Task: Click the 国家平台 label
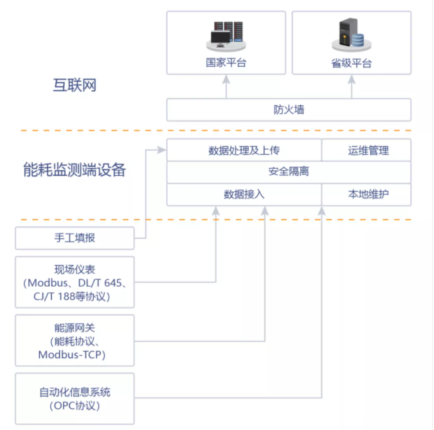(226, 63)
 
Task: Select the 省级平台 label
(352, 63)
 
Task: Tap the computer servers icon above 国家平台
(226, 36)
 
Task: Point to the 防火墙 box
(289, 110)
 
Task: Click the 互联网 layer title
(75, 85)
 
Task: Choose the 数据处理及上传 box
(244, 150)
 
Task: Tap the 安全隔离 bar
(289, 172)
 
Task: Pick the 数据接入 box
(244, 194)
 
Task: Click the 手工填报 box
(75, 238)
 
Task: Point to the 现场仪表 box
(75, 282)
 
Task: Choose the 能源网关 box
(75, 340)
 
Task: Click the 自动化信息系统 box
(75, 399)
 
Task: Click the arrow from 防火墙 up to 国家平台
(226, 87)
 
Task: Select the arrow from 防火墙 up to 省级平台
(352, 87)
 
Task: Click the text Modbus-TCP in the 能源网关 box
(71, 354)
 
